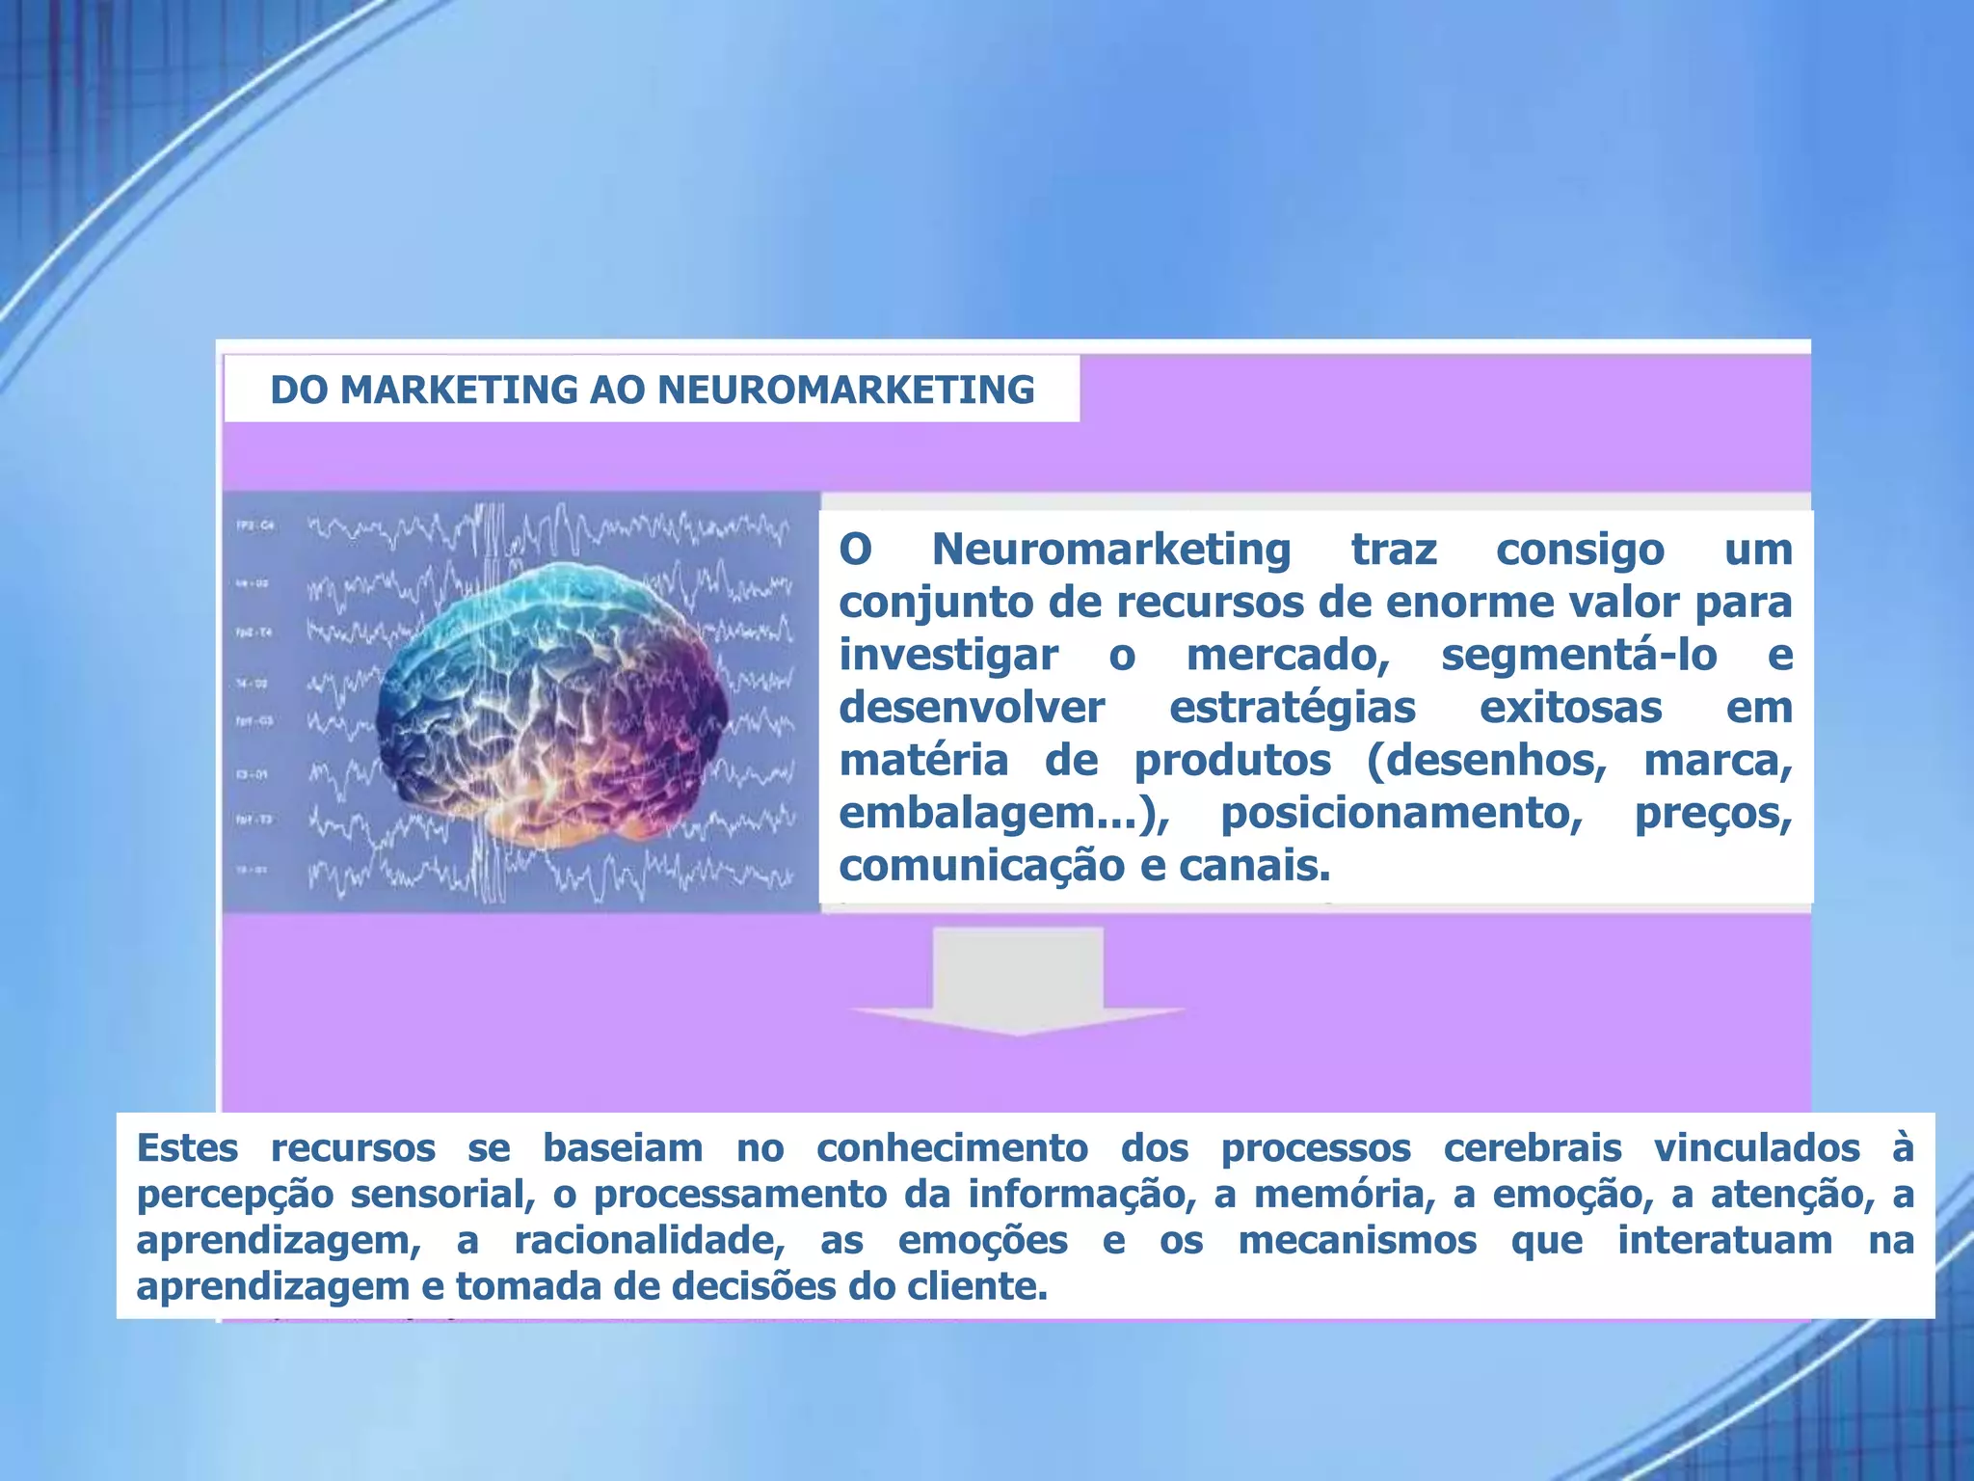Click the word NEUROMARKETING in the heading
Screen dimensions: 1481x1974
(x=845, y=390)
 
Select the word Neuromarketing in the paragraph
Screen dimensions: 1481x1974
(x=1110, y=550)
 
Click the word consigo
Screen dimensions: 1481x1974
(x=1580, y=550)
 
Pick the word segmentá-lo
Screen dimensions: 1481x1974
(x=1579, y=656)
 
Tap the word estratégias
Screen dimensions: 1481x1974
(x=1292, y=708)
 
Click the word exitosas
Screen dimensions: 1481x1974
(x=1570, y=708)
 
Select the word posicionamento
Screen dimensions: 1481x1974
(x=1401, y=814)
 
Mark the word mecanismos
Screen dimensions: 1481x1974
(x=1357, y=1241)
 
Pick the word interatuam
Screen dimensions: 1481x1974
(x=1724, y=1241)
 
